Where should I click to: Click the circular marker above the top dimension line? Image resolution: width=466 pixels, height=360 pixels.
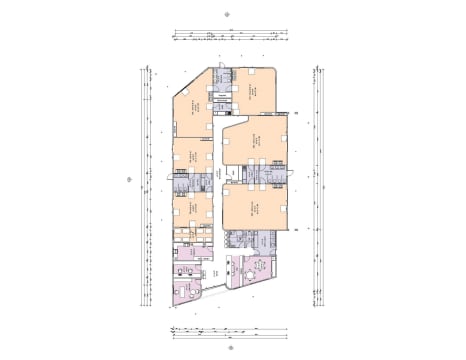[230, 14]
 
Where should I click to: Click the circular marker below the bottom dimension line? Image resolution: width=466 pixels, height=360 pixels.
[230, 349]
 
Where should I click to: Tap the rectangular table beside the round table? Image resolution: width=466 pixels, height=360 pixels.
[264, 267]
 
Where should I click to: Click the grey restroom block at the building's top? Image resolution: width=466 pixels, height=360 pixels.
[225, 83]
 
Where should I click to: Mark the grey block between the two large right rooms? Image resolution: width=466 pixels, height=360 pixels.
[255, 175]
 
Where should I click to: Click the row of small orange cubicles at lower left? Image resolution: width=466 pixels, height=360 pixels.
[192, 235]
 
